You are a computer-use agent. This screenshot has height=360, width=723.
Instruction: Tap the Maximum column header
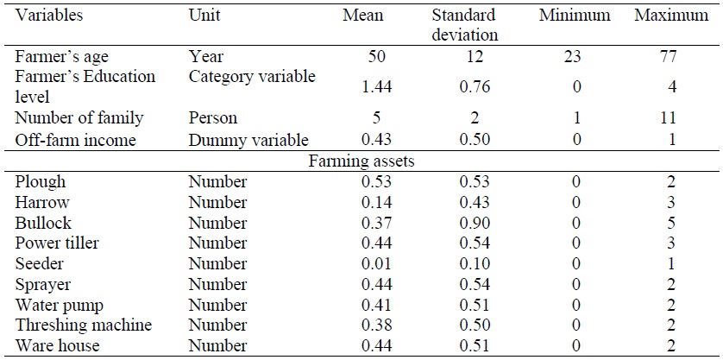point(673,16)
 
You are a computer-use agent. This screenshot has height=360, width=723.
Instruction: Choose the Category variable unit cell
point(252,77)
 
